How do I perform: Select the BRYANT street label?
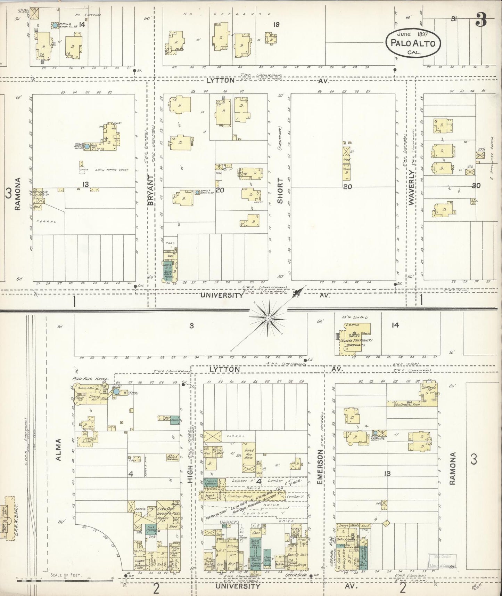151,190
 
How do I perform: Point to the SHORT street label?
280,190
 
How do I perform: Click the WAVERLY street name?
412,188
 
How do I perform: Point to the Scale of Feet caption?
66,575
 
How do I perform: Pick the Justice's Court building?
89,440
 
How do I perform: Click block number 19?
276,24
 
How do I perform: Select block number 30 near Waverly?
476,186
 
